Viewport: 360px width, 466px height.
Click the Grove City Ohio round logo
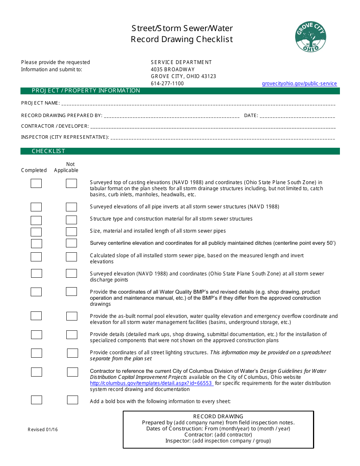coord(310,37)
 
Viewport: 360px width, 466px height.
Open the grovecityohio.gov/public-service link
coord(299,84)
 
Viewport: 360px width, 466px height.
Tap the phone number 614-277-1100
coord(167,84)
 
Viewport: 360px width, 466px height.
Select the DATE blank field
coord(297,116)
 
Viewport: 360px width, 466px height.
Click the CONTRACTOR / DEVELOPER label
coord(55,126)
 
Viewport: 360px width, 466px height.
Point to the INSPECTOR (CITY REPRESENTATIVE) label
coord(65,137)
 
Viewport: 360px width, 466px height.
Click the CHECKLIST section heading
coord(49,151)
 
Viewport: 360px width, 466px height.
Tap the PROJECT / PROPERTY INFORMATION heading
coord(86,91)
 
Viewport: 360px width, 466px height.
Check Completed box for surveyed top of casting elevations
coord(36,184)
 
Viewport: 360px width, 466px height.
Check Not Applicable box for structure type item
coord(71,220)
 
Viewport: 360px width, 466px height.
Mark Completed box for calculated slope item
coord(36,257)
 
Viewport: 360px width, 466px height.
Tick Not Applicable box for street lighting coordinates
coord(72,353)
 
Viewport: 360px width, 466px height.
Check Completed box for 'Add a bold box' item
coord(36,400)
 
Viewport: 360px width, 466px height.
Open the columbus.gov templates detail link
coord(152,383)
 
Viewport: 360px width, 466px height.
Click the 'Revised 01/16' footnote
coord(43,430)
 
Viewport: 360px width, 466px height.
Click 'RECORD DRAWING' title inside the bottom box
coord(218,416)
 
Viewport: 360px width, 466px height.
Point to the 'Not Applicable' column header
coord(66,167)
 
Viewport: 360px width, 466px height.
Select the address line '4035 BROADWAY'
coord(173,69)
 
